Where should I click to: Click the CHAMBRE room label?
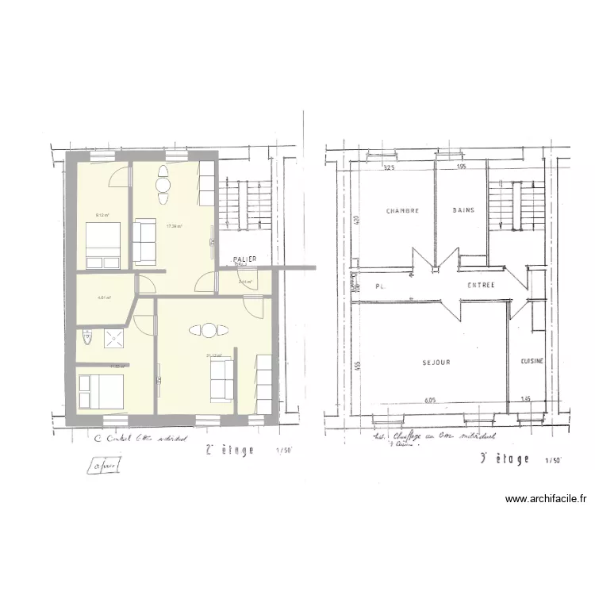tap(402, 211)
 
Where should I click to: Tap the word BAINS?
tap(463, 210)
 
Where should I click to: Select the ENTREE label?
tap(481, 285)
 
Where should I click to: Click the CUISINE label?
tap(532, 361)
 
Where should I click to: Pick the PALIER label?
tap(244, 259)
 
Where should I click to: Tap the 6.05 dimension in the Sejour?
tap(431, 400)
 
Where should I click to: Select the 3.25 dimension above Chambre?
tap(389, 168)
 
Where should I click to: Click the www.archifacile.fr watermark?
tap(547, 499)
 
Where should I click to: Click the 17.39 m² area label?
tap(174, 226)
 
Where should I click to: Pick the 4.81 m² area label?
tap(103, 298)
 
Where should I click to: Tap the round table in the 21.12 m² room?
tap(208, 330)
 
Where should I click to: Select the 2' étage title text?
tap(230, 450)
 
